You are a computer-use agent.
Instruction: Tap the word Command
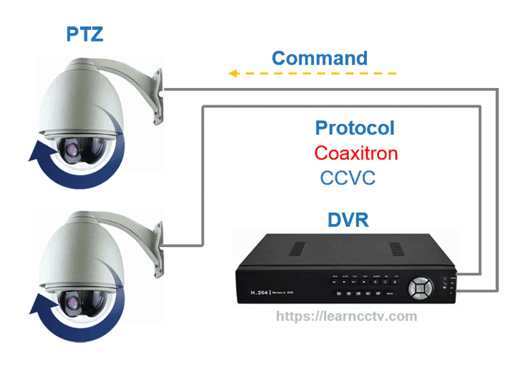pyautogui.click(x=320, y=58)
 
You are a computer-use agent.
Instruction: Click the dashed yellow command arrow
pyautogui.click(x=312, y=73)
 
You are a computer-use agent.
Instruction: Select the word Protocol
pyautogui.click(x=355, y=128)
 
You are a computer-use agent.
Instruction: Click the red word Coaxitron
pyautogui.click(x=355, y=153)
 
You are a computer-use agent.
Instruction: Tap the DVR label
pyautogui.click(x=348, y=219)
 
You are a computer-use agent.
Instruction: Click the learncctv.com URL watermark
pyautogui.click(x=346, y=316)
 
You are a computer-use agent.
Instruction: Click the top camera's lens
pyautogui.click(x=75, y=148)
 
